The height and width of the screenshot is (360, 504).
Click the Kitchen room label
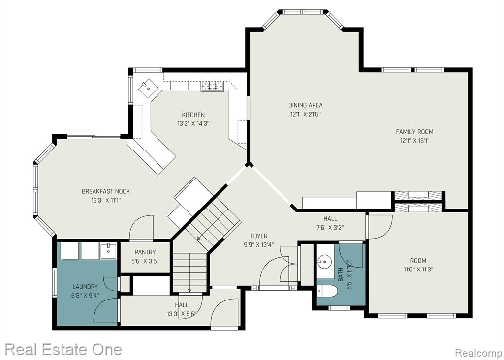point(193,115)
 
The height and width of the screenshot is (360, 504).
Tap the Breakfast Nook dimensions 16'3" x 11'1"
point(106,201)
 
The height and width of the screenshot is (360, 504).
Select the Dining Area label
point(305,105)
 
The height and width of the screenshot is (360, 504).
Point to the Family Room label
point(414,132)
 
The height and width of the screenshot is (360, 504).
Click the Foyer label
point(259,236)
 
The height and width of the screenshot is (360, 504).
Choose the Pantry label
point(145,252)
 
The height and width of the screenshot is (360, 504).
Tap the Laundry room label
point(85,286)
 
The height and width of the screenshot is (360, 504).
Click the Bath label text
point(341,274)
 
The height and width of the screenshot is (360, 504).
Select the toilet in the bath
point(327,291)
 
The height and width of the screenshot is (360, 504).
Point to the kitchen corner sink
point(148,88)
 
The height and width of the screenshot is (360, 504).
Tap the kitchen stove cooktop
point(212,87)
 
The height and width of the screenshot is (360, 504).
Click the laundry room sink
point(108,251)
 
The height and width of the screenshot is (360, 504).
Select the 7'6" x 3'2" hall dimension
point(330,228)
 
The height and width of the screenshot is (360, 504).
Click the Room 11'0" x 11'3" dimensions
point(418,270)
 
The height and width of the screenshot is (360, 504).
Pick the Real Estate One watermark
point(63,349)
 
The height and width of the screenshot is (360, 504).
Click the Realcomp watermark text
point(478,353)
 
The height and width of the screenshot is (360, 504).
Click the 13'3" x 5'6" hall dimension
point(182,314)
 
